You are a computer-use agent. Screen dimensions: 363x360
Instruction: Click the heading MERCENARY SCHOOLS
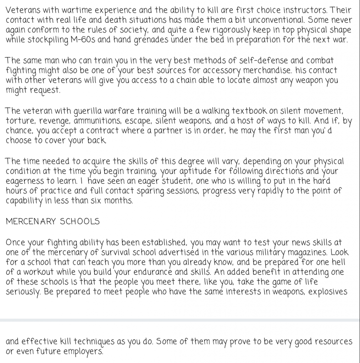click(x=53, y=222)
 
